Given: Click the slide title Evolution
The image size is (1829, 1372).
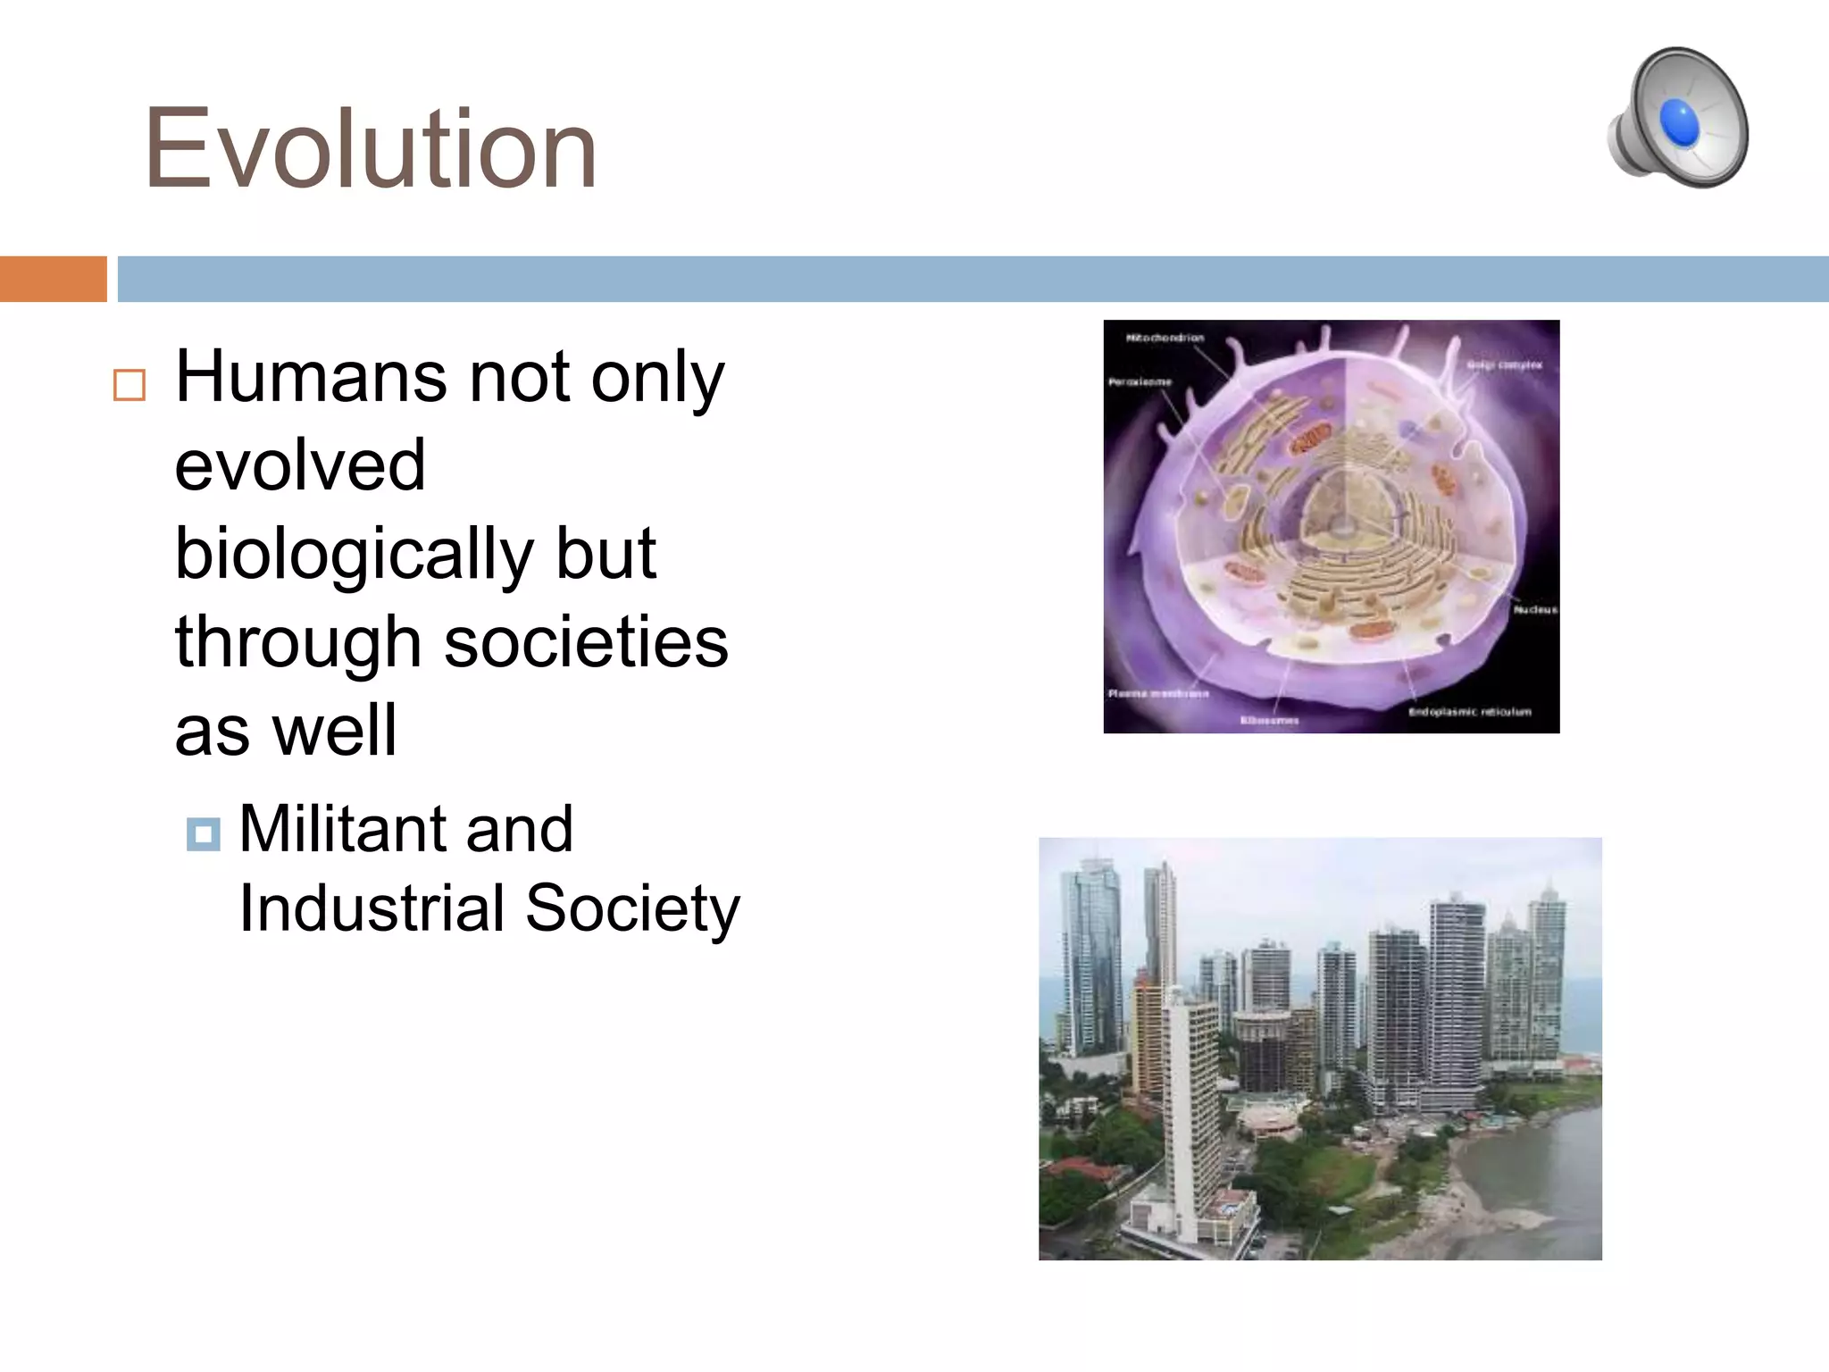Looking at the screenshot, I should pyautogui.click(x=370, y=148).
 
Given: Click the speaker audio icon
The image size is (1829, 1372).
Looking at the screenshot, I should pyautogui.click(x=1677, y=118).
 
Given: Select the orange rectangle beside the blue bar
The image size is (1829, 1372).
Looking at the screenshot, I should pyautogui.click(x=53, y=279).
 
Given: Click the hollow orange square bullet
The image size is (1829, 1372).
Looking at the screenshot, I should pyautogui.click(x=129, y=385).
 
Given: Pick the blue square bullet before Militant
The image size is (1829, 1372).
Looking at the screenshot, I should pyautogui.click(x=203, y=834).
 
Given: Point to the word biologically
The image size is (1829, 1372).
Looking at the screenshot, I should pyautogui.click(x=354, y=554).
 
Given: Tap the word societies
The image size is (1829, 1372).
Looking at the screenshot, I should pyautogui.click(x=586, y=642).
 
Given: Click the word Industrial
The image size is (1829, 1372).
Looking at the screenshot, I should pyautogui.click(x=372, y=908).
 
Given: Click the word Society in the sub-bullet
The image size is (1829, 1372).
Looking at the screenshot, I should pyautogui.click(x=632, y=908).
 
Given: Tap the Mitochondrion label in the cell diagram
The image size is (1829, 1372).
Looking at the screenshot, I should pyautogui.click(x=1165, y=338).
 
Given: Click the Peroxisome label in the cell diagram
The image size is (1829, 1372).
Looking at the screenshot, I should pyautogui.click(x=1140, y=381).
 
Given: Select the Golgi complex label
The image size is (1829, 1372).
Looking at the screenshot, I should pyautogui.click(x=1504, y=364).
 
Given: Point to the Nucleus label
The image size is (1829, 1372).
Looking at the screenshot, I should pyautogui.click(x=1534, y=609).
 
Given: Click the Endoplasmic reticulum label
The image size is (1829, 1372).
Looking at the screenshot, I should pyautogui.click(x=1469, y=711).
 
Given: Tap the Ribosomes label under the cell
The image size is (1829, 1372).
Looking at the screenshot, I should pyautogui.click(x=1269, y=719).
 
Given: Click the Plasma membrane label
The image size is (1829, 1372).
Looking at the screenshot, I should pyautogui.click(x=1157, y=693).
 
